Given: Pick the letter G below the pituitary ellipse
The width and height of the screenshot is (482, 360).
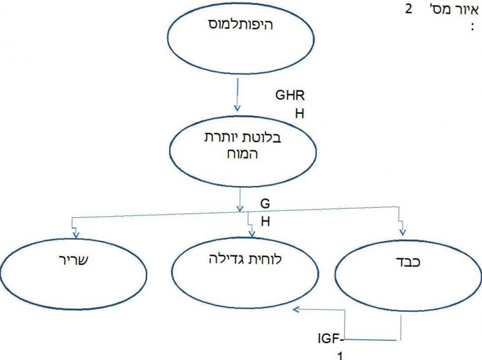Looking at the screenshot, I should tap(264, 203).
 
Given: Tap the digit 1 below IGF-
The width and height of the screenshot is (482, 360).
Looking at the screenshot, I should tap(341, 356).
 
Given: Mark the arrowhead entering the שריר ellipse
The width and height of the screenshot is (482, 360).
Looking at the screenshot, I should tap(76, 232).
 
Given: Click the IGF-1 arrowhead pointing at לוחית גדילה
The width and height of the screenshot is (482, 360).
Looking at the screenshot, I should tap(296, 309).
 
